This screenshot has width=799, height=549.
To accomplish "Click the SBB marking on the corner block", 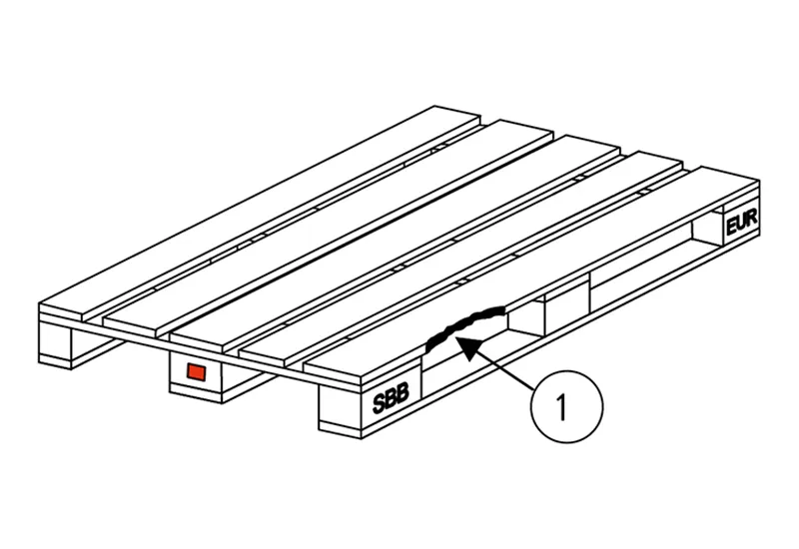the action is tap(391, 398).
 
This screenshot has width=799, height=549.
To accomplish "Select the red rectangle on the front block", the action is tap(196, 371).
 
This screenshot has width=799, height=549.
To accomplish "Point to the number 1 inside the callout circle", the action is tap(561, 407).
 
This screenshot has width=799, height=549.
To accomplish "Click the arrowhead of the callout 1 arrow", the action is tap(466, 346).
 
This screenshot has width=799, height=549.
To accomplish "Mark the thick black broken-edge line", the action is tap(463, 325).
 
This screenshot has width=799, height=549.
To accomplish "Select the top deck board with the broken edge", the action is tap(532, 275).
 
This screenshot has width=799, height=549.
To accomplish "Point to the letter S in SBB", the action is tap(380, 403).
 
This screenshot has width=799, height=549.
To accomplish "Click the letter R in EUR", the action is tap(751, 220).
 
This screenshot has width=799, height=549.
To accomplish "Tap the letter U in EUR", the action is tap(741, 223).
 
